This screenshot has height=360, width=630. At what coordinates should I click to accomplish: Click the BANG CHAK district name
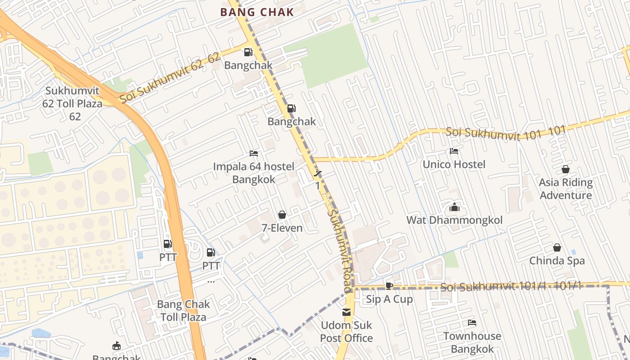click(257, 12)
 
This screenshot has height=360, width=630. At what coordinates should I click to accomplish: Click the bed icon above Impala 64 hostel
click(254, 153)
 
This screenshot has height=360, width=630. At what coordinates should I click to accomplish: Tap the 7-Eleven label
click(282, 228)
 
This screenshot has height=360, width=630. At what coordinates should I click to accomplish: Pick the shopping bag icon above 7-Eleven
click(282, 215)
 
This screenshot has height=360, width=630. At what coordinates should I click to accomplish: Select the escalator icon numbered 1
click(318, 173)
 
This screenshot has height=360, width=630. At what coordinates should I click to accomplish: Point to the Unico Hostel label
click(454, 164)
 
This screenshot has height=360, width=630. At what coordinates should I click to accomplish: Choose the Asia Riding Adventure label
click(566, 189)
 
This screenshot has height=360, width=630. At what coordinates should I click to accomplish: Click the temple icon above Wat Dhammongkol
click(454, 207)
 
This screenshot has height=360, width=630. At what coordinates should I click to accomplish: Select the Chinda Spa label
click(557, 261)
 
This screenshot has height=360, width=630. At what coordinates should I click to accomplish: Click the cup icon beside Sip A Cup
click(389, 286)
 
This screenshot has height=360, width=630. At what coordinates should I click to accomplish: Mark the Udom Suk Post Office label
click(346, 332)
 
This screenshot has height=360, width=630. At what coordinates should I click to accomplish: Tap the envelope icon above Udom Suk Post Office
click(346, 312)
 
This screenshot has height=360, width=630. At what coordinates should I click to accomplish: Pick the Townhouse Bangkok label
click(472, 342)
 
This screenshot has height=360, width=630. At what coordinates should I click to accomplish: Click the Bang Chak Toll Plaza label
click(183, 310)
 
